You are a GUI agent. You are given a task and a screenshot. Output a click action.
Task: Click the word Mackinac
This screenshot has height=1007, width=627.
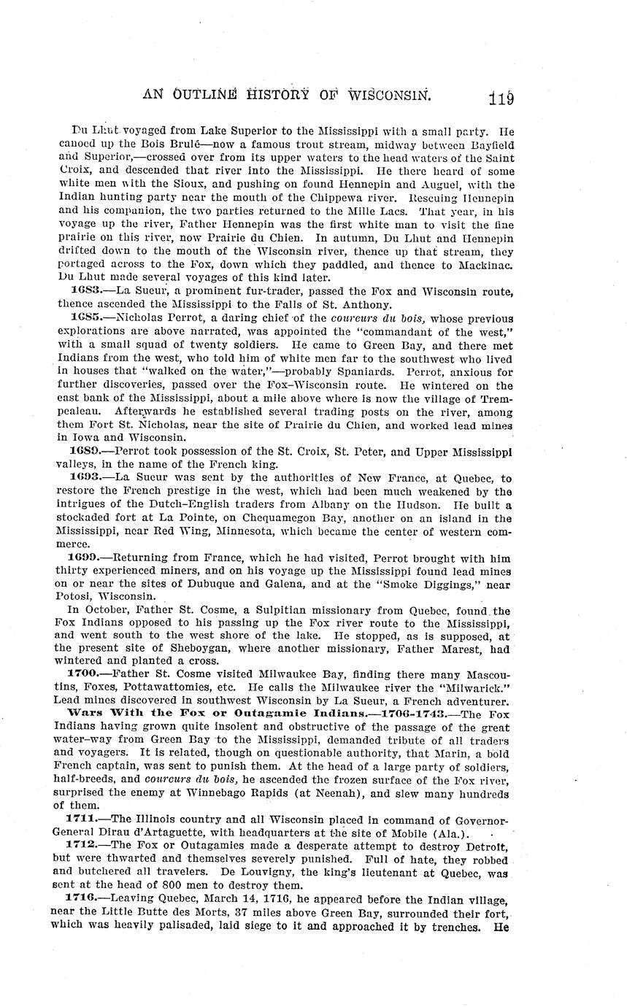482,265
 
